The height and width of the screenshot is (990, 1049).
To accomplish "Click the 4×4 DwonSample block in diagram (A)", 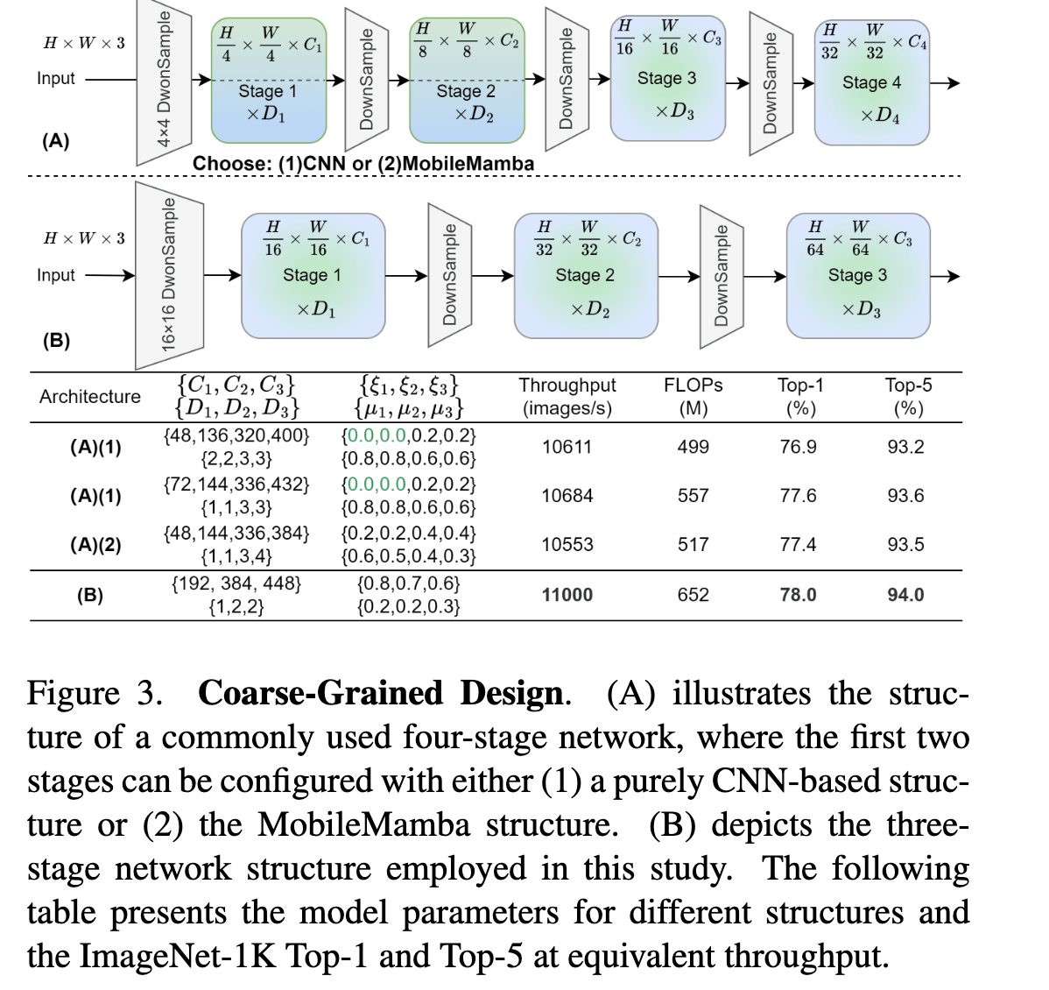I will tap(164, 83).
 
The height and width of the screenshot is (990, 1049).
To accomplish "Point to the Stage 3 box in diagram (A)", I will tap(667, 79).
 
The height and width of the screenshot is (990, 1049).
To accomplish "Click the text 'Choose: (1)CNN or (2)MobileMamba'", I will tap(363, 164).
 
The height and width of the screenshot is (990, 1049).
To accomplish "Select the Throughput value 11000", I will tap(567, 595).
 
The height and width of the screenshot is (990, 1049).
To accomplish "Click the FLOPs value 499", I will tap(693, 447).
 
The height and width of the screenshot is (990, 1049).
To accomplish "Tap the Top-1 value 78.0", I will tap(798, 595).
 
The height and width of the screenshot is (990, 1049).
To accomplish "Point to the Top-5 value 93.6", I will tap(905, 496).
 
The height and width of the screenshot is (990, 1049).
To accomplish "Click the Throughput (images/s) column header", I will tap(567, 397).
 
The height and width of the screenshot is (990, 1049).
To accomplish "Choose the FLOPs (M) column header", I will tap(693, 397).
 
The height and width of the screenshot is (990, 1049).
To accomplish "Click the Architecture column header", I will tap(89, 397).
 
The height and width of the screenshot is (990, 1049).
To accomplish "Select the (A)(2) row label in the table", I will tap(95, 545).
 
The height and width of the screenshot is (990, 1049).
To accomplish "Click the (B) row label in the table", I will tap(89, 596).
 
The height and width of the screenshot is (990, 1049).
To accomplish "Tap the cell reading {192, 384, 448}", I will tap(236, 583).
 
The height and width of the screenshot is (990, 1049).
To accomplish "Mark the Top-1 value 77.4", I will tap(798, 545).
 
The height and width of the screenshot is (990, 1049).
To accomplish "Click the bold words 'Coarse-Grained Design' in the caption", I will tap(380, 693).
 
